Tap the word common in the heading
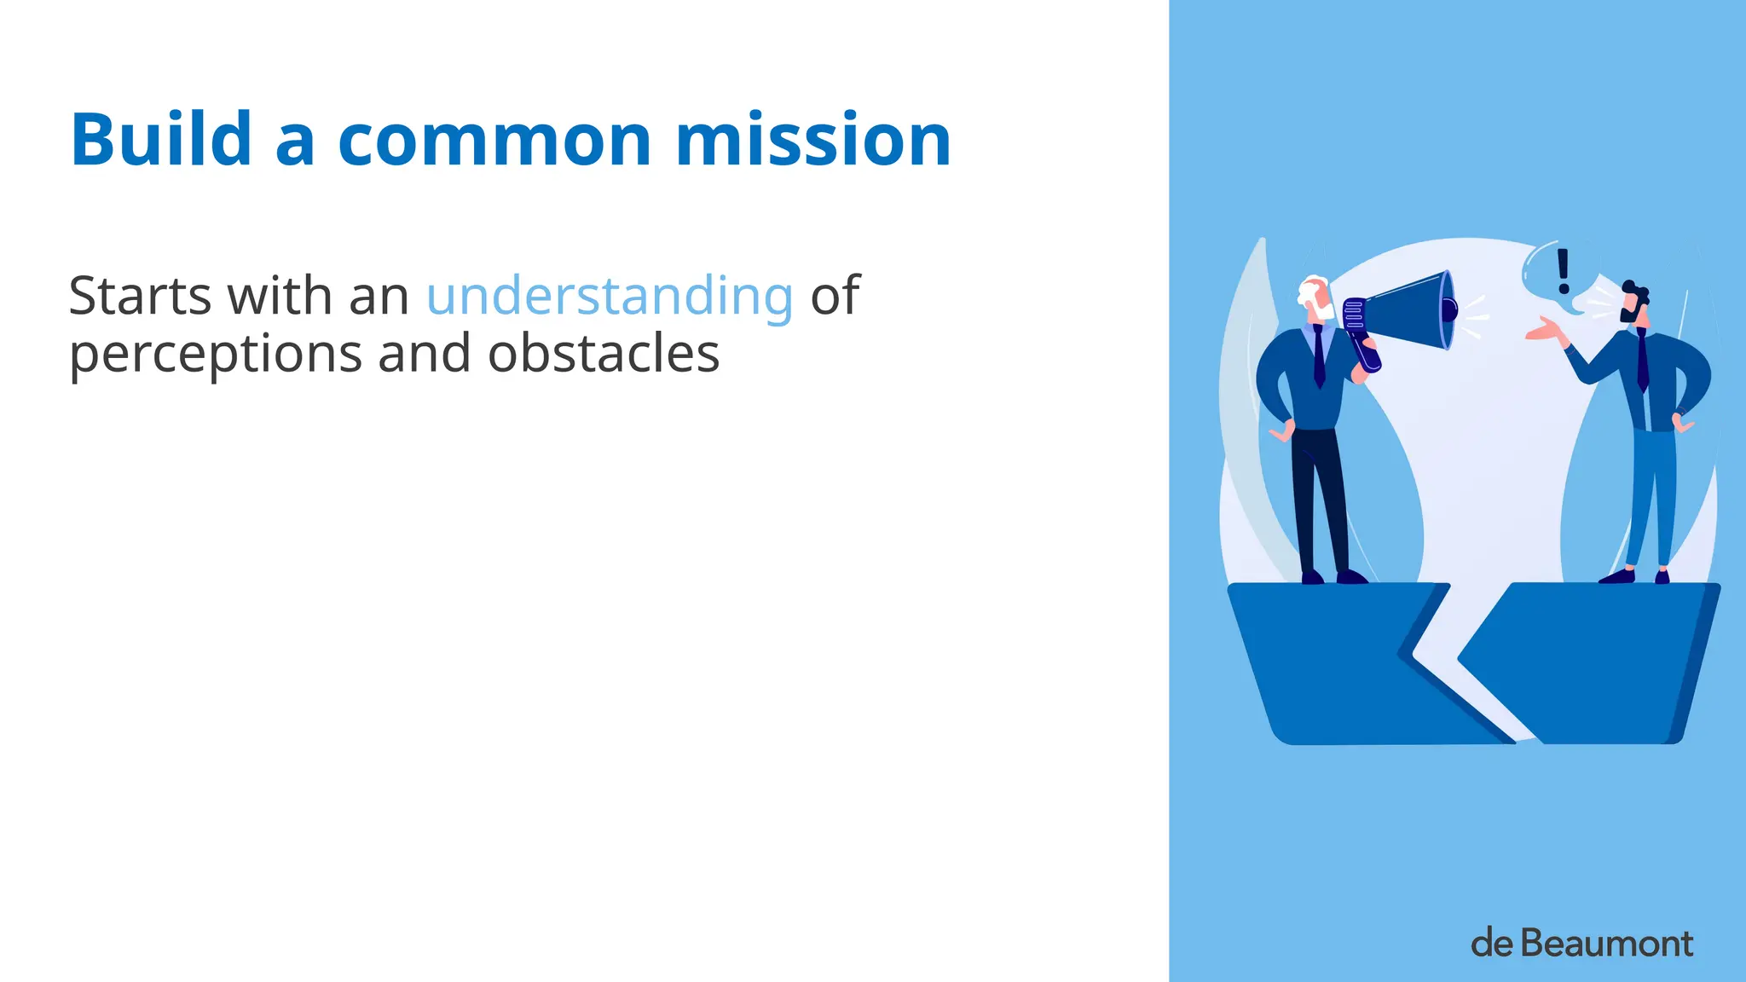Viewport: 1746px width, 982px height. [495, 141]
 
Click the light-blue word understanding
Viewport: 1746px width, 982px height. [610, 297]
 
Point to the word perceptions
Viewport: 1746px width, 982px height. [215, 355]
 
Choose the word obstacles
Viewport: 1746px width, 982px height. [604, 354]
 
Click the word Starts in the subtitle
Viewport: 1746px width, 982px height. [140, 297]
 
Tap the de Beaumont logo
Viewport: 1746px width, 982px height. [1581, 944]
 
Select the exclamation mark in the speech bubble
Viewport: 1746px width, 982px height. [1563, 270]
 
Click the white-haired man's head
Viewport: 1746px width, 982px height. [1315, 297]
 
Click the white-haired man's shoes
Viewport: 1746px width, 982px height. [1334, 577]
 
